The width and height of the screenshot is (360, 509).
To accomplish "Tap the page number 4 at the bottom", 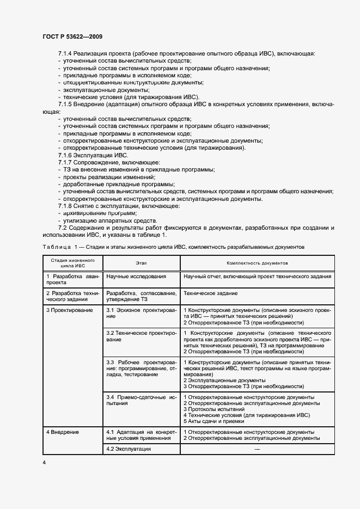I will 44,462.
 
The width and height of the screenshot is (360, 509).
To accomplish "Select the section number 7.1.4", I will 65,54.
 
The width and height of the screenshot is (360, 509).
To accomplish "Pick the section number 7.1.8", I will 65,206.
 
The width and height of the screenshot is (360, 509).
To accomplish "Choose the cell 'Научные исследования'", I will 136,277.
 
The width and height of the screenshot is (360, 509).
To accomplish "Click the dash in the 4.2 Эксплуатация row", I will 257,449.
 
